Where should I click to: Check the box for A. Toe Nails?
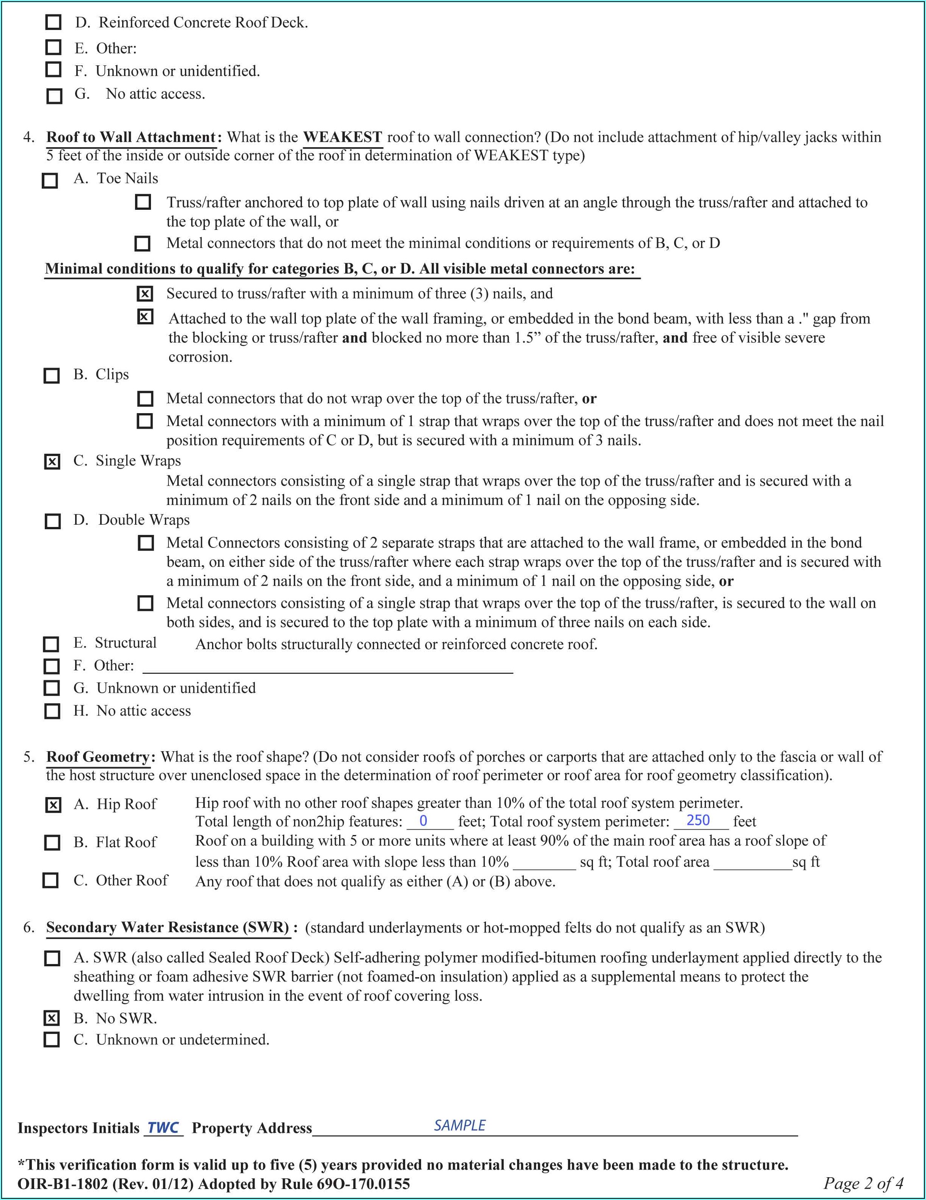50,180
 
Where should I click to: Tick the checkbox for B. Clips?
52,376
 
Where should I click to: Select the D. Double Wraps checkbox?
53,521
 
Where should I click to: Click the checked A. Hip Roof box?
53,805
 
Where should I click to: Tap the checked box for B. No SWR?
51,1018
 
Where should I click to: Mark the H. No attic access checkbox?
52,711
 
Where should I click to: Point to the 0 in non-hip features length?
423,821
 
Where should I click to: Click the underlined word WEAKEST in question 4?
343,137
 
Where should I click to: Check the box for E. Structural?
51,644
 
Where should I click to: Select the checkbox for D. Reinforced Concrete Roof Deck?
53,22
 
